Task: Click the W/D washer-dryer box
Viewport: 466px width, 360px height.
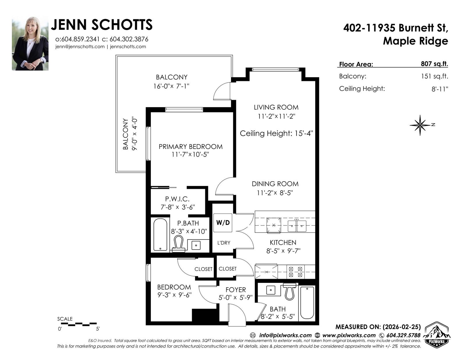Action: (223, 223)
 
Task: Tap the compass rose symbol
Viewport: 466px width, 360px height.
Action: (420, 125)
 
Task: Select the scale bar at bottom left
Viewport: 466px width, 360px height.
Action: (82, 324)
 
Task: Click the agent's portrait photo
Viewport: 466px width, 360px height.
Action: (30, 43)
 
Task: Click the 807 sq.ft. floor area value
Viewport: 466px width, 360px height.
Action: (434, 64)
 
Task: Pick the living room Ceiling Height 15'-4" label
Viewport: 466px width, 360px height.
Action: (276, 133)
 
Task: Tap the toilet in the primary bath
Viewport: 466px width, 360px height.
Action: (179, 244)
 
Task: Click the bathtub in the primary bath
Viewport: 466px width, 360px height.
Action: (160, 235)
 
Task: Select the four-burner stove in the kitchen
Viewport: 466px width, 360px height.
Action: (296, 272)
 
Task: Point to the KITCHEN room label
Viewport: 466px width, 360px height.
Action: (283, 242)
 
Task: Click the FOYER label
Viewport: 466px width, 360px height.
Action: (235, 290)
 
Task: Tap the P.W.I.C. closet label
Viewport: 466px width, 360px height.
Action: (177, 199)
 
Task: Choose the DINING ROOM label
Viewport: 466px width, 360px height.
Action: (275, 184)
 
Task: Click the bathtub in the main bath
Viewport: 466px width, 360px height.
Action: (307, 303)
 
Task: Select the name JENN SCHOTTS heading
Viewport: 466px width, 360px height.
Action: (102, 25)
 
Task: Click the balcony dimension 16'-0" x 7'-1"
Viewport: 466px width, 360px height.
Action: (171, 86)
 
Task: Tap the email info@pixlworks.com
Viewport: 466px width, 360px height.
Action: (285, 335)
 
